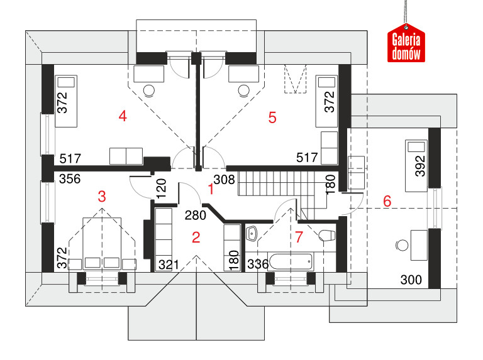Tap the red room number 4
[x=123, y=116]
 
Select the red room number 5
[x=272, y=117]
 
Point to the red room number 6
[x=387, y=201]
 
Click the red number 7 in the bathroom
[x=299, y=237]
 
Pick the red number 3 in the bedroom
[x=102, y=196]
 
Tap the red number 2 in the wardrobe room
[x=196, y=237]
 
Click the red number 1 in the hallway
[x=211, y=189]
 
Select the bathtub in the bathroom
[x=291, y=262]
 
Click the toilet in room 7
[x=326, y=236]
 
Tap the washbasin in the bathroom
[x=252, y=234]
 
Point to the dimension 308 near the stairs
[x=224, y=180]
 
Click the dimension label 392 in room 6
[x=420, y=166]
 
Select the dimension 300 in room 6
[x=411, y=280]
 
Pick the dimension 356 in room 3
[x=70, y=179]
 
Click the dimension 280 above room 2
[x=196, y=215]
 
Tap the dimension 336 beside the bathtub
[x=258, y=264]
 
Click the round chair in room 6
[x=402, y=246]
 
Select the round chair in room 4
[x=149, y=90]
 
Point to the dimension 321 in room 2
[x=168, y=265]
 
